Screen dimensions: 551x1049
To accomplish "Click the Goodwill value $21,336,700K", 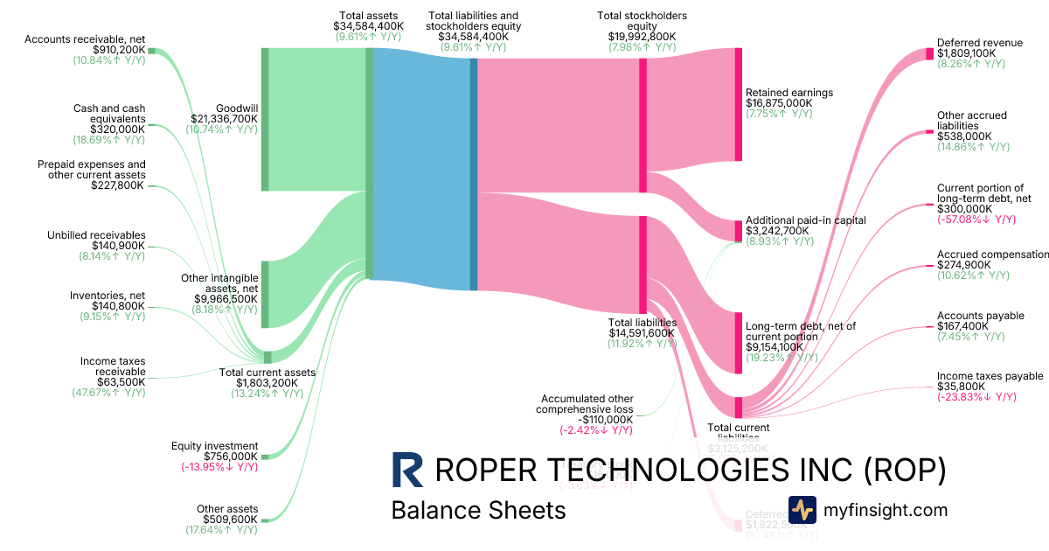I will click(x=225, y=118).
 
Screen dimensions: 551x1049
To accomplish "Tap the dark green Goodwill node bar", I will click(x=265, y=119).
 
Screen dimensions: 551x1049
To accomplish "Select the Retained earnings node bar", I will click(x=738, y=104).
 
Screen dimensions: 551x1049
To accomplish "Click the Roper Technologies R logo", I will click(x=407, y=470).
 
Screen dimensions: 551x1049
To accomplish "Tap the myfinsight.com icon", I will click(x=802, y=510).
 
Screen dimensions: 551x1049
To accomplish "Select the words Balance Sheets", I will click(x=478, y=510).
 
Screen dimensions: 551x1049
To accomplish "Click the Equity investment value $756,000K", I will click(x=219, y=457).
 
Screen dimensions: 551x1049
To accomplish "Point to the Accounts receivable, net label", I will click(x=85, y=39).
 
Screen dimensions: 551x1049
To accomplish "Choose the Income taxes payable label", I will click(x=990, y=376).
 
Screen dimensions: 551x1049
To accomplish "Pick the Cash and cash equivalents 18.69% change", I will click(x=108, y=140).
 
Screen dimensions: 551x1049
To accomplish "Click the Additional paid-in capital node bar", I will click(x=738, y=230).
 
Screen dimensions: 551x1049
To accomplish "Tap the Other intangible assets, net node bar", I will click(x=265, y=294).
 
